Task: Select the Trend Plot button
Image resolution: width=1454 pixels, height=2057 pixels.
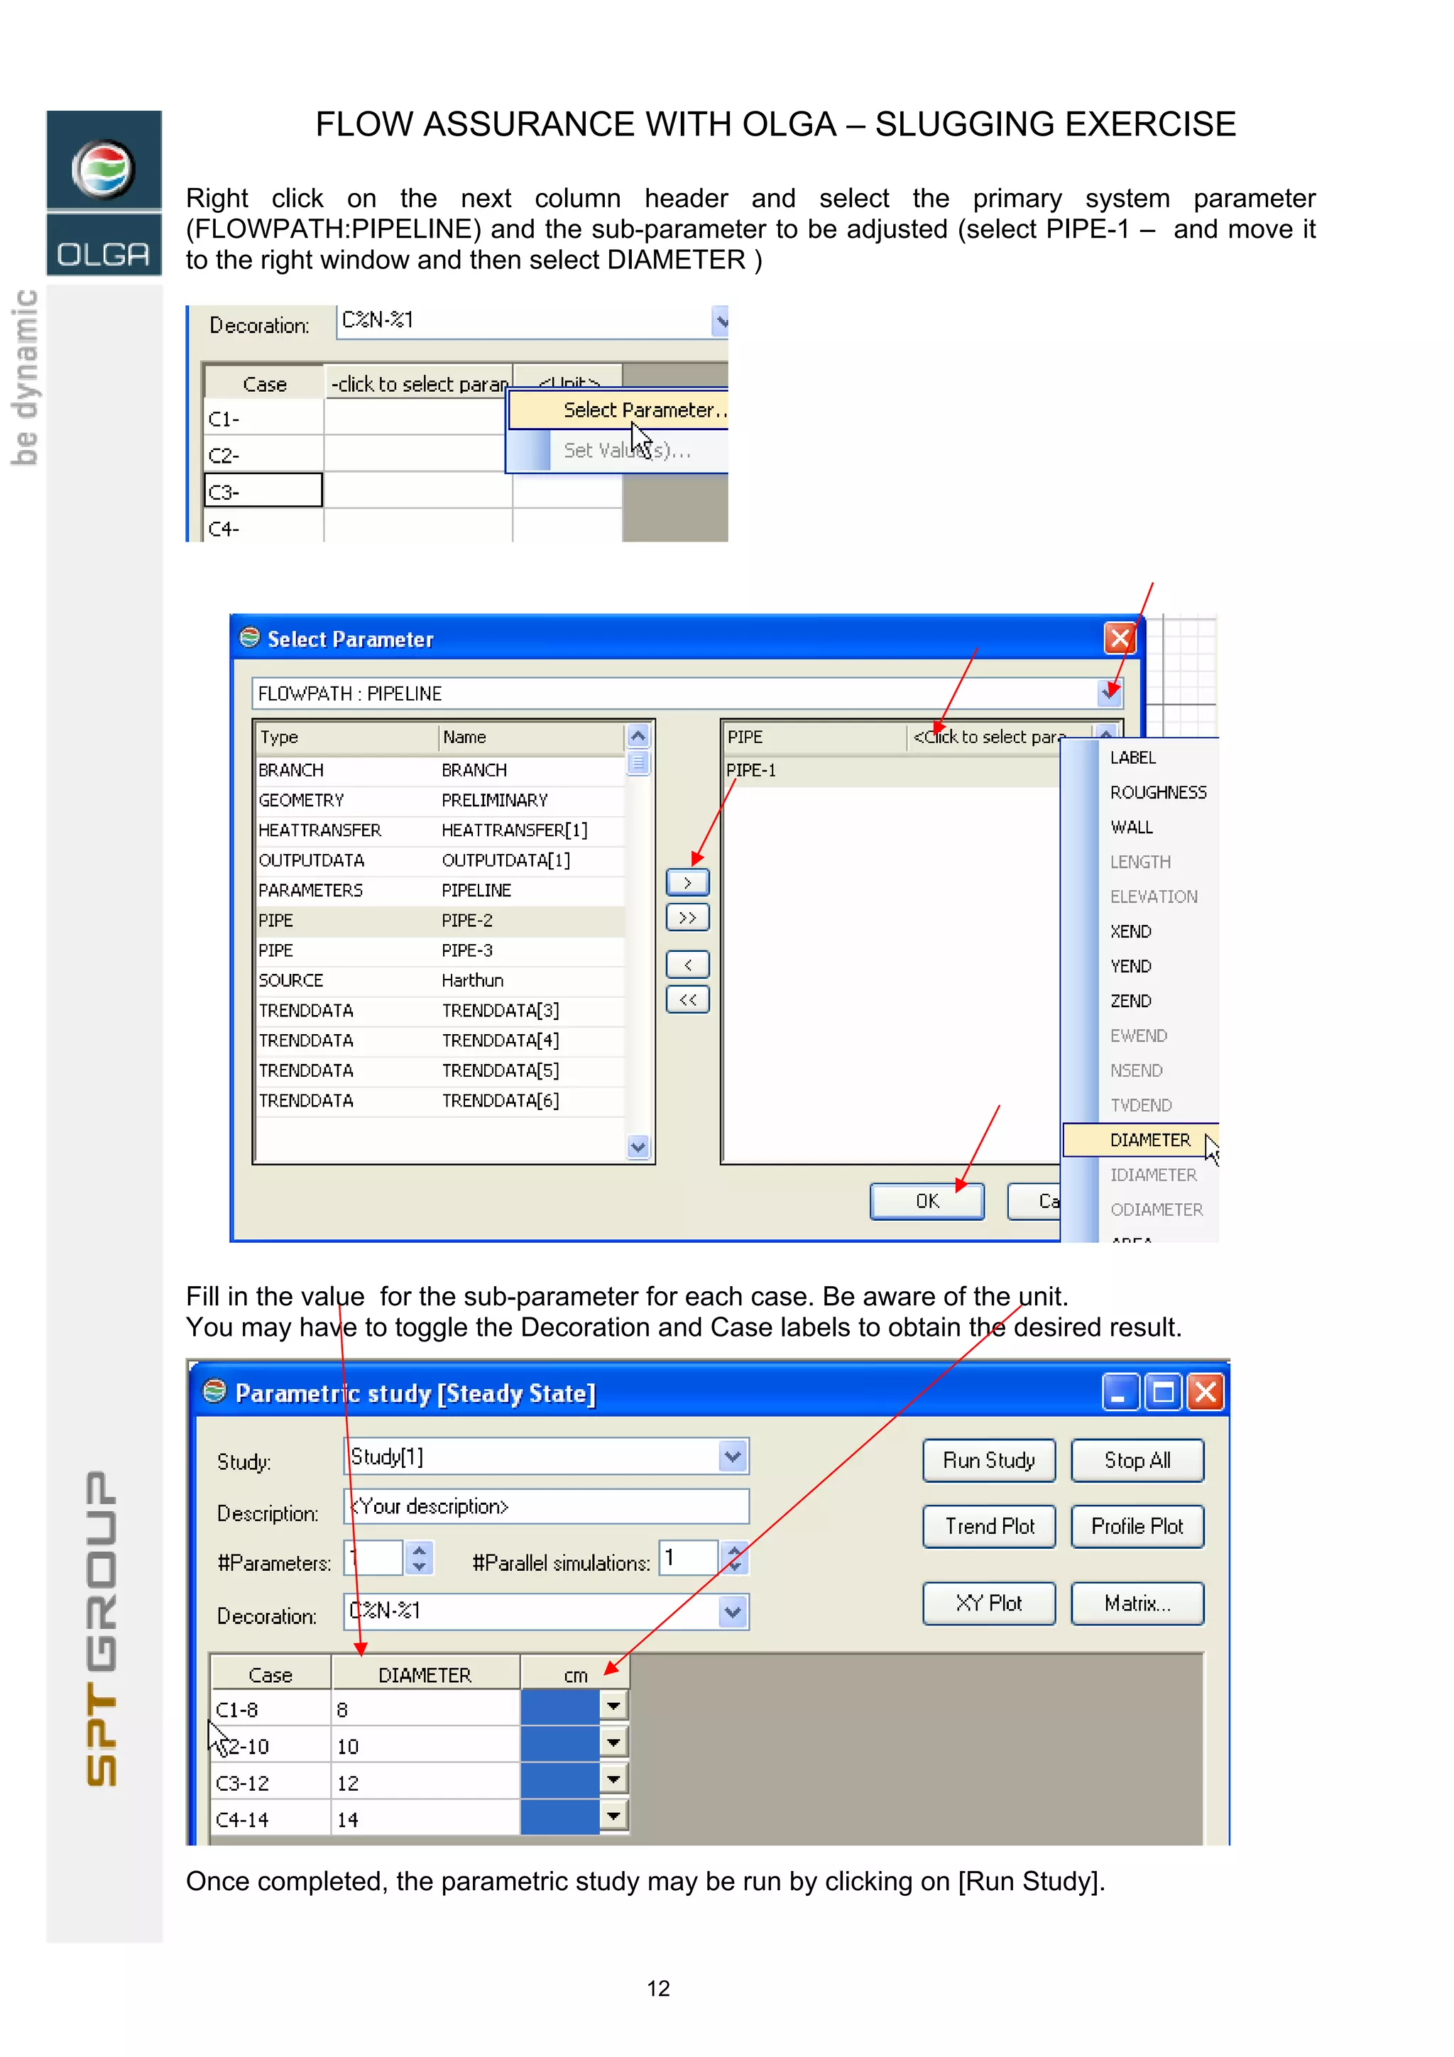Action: (x=988, y=1527)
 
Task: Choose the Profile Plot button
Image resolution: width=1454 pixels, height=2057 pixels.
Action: (x=1137, y=1527)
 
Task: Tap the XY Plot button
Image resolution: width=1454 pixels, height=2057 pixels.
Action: (x=988, y=1603)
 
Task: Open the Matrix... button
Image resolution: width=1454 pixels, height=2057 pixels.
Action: (x=1137, y=1603)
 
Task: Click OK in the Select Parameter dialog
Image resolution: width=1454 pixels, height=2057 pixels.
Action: (x=926, y=1202)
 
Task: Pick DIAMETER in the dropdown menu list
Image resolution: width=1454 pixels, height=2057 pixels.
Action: (x=1149, y=1140)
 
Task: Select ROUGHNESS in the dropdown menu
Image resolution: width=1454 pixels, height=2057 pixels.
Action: (x=1157, y=793)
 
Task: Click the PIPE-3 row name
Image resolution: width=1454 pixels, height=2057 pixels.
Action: (x=466, y=950)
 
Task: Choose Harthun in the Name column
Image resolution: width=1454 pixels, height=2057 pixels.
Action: (x=472, y=981)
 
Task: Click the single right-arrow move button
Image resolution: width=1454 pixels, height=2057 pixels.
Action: (x=687, y=882)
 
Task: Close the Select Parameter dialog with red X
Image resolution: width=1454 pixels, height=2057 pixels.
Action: (x=1119, y=639)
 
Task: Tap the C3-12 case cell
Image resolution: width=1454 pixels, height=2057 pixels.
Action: (x=243, y=1783)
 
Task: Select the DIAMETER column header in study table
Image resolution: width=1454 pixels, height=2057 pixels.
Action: (x=425, y=1675)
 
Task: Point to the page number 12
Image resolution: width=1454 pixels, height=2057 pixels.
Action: (x=658, y=1988)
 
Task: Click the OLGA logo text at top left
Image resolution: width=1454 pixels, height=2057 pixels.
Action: (x=103, y=254)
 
